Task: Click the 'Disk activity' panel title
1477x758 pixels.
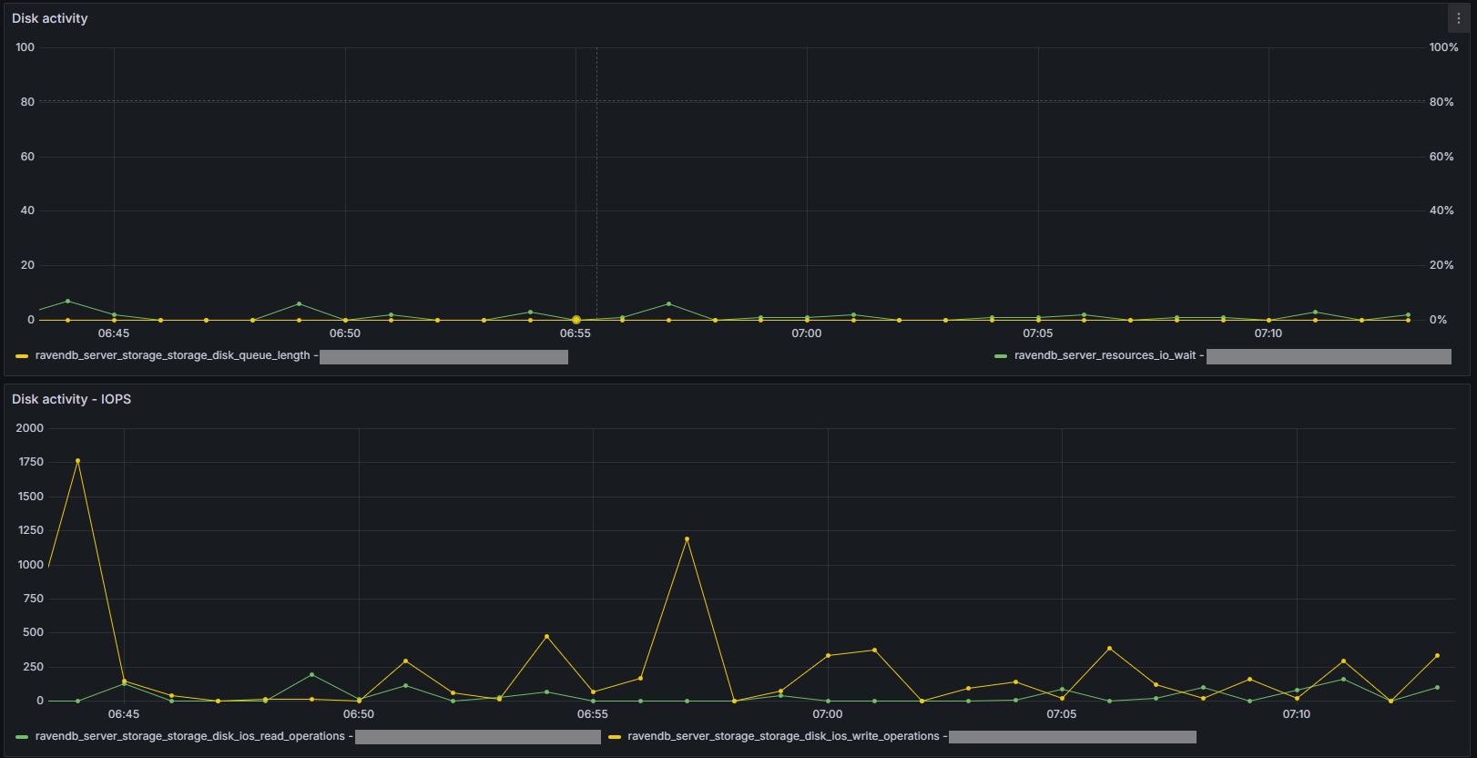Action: (x=50, y=18)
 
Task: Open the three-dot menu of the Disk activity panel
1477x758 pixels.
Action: (x=1458, y=18)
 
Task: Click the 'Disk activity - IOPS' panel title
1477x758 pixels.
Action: (x=71, y=399)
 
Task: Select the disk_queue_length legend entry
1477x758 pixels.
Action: (x=172, y=355)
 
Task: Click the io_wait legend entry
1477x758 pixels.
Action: (x=1105, y=355)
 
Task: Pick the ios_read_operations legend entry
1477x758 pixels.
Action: (x=189, y=736)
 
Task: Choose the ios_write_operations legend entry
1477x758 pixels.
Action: (x=782, y=736)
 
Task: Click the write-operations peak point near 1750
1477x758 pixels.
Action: (x=77, y=461)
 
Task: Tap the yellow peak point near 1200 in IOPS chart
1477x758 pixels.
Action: (x=687, y=539)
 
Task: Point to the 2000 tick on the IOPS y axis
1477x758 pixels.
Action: (x=30, y=428)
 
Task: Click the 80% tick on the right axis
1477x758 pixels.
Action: (x=1441, y=102)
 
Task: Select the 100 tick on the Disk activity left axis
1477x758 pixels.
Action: (x=25, y=47)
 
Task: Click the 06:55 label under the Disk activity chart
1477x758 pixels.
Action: (x=576, y=333)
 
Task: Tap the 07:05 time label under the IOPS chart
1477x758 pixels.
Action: (x=1062, y=714)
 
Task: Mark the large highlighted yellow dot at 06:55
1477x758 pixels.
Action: (x=576, y=320)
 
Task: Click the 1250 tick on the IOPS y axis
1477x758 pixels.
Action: (x=31, y=530)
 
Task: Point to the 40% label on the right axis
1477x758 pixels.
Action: (x=1441, y=210)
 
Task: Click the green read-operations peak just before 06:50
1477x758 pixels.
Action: (x=311, y=675)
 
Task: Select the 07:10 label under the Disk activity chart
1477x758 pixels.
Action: (x=1268, y=333)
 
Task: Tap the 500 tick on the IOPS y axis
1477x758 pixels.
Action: (x=34, y=632)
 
